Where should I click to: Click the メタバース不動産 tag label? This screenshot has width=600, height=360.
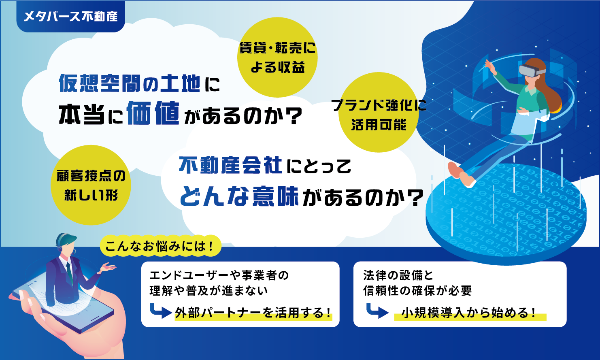pyautogui.click(x=71, y=17)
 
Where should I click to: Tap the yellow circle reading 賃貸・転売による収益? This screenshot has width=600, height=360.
pyautogui.click(x=277, y=58)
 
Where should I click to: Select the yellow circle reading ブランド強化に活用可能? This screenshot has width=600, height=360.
pyautogui.click(x=379, y=112)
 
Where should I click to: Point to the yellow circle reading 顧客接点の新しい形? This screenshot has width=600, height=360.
pyautogui.click(x=91, y=185)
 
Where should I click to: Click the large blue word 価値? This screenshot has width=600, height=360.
pyautogui.click(x=153, y=113)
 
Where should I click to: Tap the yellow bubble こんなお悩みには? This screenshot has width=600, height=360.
pyautogui.click(x=160, y=246)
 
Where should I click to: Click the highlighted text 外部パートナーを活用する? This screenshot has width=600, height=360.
pyautogui.click(x=253, y=313)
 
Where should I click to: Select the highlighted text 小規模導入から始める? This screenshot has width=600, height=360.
pyautogui.click(x=469, y=313)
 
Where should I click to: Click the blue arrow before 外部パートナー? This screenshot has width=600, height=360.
pyautogui.click(x=160, y=311)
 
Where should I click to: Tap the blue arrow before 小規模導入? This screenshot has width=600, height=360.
pyautogui.click(x=377, y=311)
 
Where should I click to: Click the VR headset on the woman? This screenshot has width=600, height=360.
pyautogui.click(x=531, y=70)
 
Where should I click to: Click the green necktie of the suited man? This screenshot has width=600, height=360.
pyautogui.click(x=70, y=273)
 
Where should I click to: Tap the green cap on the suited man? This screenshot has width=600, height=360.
pyautogui.click(x=66, y=238)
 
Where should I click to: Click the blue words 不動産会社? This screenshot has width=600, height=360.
pyautogui.click(x=231, y=165)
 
